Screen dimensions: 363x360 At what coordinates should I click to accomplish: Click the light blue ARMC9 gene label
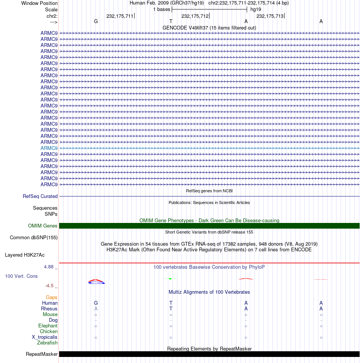coord(49,148)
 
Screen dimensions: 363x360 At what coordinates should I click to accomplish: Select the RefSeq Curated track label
coord(40,196)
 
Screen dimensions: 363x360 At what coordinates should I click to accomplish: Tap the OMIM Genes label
coord(43,226)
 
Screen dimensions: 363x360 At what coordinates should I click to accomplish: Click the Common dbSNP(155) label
coord(33,238)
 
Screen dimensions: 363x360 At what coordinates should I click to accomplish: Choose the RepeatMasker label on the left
coord(42,354)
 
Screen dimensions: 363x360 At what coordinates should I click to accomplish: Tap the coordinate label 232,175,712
coord(195,16)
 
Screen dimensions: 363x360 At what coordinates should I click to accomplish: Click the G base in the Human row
coord(96,303)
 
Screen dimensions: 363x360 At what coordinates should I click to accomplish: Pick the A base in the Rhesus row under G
coord(96,308)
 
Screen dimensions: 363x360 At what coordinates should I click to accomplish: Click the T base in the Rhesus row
coord(171,308)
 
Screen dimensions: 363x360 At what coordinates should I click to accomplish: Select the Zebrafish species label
coord(47,343)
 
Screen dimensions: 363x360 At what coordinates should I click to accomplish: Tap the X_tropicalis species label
coord(45,337)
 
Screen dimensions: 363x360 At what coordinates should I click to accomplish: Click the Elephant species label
coord(48,326)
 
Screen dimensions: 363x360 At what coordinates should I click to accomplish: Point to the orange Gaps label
coord(52,298)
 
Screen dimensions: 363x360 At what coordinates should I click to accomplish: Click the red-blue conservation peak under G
coord(96,281)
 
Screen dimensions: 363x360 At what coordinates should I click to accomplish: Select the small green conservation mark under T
coord(170,279)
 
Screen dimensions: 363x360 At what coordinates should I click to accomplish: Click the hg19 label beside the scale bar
coord(255,9)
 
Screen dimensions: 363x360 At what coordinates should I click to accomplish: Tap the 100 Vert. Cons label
coord(21,276)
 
